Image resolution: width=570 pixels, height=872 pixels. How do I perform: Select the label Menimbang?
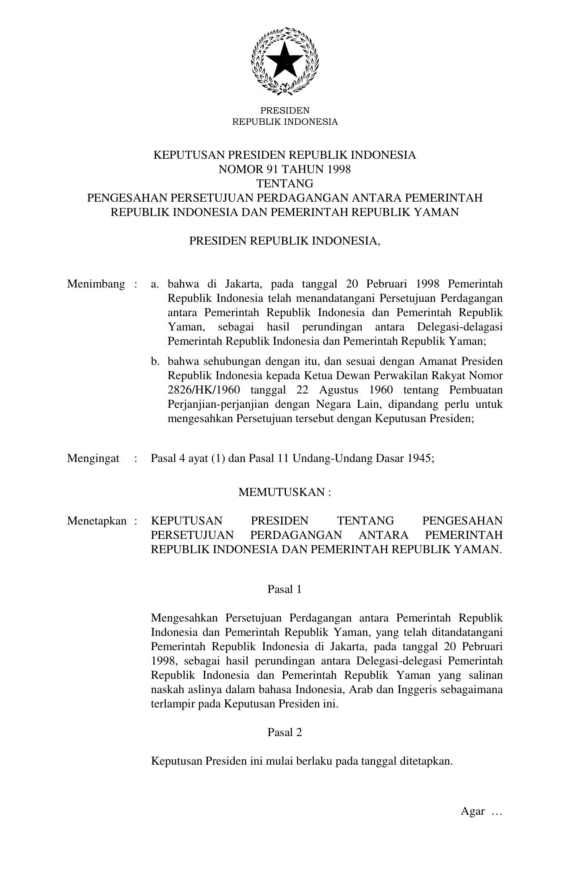point(96,284)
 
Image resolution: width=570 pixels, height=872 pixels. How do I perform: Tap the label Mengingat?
point(93,458)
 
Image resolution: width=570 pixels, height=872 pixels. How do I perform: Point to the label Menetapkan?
point(97,521)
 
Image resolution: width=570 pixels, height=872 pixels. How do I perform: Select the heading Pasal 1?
point(284,589)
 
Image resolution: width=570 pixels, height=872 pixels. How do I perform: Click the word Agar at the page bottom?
point(473,811)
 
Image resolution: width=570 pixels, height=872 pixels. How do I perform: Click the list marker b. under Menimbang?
point(156,361)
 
